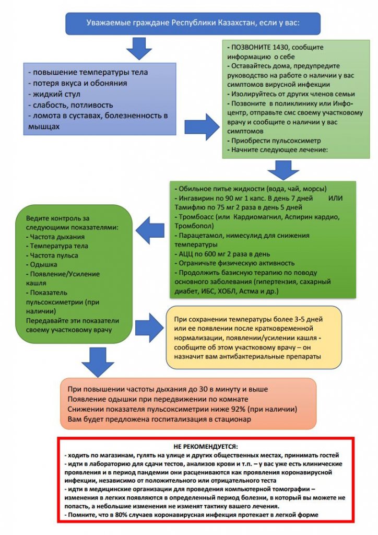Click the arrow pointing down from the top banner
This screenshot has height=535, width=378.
139,49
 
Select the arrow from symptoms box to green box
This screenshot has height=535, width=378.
202,126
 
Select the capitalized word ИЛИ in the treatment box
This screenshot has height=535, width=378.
335,198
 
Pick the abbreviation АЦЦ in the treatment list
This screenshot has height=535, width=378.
186,254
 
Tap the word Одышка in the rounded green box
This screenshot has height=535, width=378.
44,265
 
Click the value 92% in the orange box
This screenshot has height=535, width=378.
238,409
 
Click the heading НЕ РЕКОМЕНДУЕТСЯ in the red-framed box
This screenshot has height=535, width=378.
206,446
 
